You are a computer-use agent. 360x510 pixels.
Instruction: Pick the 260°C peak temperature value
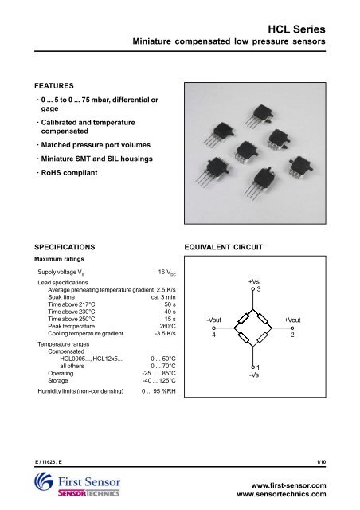[x=166, y=327]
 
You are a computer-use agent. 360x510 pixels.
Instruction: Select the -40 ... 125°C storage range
[x=153, y=380]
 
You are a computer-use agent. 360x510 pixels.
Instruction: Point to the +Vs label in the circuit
[x=253, y=281]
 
